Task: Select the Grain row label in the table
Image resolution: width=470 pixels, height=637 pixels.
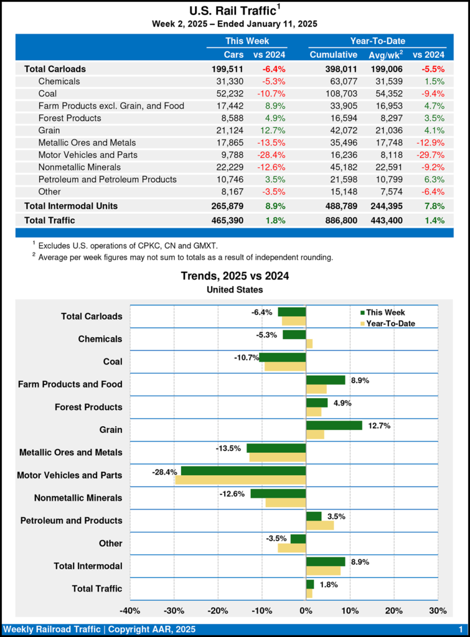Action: (x=49, y=130)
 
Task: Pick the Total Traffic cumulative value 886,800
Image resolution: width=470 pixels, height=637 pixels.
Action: (x=334, y=220)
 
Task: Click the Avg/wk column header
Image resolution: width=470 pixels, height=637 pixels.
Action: (x=385, y=55)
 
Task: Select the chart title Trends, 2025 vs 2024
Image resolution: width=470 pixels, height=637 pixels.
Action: (x=235, y=276)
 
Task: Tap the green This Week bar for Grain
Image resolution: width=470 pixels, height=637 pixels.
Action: (x=334, y=425)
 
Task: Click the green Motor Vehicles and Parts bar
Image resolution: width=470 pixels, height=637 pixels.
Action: (x=243, y=471)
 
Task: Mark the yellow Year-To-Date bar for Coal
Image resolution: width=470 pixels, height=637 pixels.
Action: (x=285, y=366)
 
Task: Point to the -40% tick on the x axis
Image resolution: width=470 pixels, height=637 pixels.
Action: (x=129, y=610)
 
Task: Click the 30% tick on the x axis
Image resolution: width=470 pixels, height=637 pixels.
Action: (x=438, y=610)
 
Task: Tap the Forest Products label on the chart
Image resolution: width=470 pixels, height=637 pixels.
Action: (x=88, y=407)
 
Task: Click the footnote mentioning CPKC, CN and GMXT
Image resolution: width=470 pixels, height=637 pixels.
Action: (x=128, y=246)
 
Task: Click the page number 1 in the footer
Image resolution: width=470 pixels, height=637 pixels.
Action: (x=460, y=630)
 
